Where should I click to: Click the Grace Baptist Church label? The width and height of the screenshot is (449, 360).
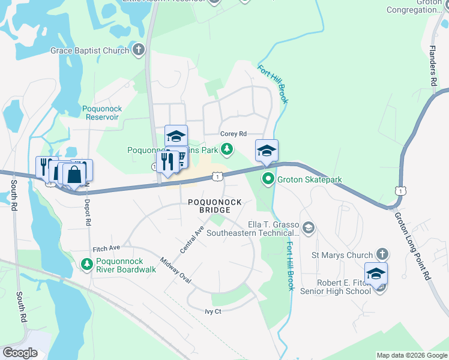coord(89,51)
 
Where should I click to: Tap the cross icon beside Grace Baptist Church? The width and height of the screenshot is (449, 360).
coord(139,50)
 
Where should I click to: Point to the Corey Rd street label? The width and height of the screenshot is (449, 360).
coord(234,134)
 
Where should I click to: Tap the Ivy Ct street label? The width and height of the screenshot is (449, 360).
coord(213,311)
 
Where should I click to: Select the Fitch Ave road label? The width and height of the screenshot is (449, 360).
coord(106,248)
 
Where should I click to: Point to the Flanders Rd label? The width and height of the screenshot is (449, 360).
coord(432,64)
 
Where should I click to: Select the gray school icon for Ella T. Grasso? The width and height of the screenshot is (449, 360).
coord(308,227)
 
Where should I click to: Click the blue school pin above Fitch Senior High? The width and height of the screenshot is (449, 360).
coord(376,274)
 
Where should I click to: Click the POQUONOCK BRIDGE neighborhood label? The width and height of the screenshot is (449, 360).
coord(209,206)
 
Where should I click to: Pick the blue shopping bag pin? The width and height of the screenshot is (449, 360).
coord(74,175)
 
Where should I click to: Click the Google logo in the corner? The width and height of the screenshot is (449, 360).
coord(20,353)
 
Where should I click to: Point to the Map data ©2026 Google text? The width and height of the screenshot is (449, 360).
coord(411,355)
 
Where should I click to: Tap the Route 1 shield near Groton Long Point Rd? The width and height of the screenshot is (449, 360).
coord(400,190)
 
